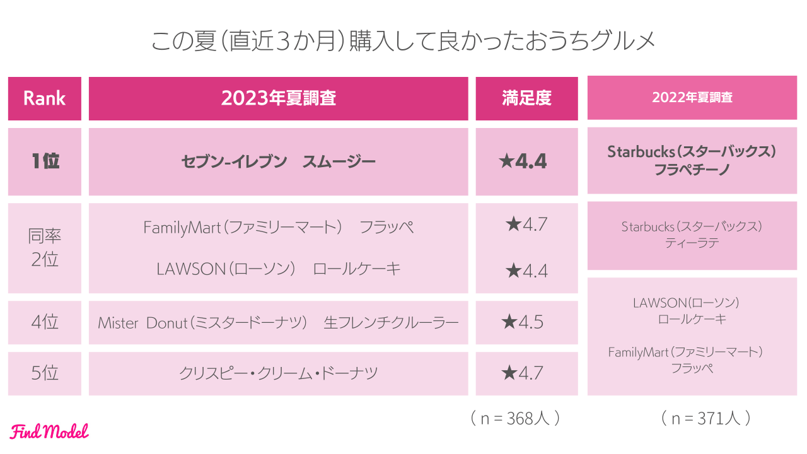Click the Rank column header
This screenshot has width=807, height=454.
coord(44,98)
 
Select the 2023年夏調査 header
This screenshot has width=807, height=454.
coord(278,98)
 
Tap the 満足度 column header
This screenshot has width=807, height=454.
coord(526,98)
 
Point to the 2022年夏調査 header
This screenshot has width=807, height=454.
coord(692,98)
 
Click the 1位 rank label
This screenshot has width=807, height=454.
coord(44,161)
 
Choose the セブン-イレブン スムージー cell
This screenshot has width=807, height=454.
coord(278,162)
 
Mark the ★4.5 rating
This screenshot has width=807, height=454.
coord(523,322)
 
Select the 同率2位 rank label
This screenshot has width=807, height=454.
coord(44,248)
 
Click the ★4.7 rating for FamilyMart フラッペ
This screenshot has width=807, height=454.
coord(526,224)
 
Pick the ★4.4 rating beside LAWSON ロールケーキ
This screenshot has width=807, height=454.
coord(526,271)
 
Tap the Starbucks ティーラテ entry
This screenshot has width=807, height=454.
coord(692,235)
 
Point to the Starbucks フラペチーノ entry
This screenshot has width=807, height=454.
coord(692,161)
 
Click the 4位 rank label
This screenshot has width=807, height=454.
coord(44,322)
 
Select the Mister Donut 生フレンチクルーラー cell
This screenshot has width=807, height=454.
coord(278,323)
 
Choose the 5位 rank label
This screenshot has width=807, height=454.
coord(44,373)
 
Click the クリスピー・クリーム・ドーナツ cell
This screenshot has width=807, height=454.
coord(278,373)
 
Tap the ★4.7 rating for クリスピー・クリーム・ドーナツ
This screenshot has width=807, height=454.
coord(523,373)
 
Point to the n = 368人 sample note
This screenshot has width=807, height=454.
coord(515,418)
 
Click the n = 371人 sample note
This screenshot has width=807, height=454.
coord(705,418)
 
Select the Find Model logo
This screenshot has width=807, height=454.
coord(49,431)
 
